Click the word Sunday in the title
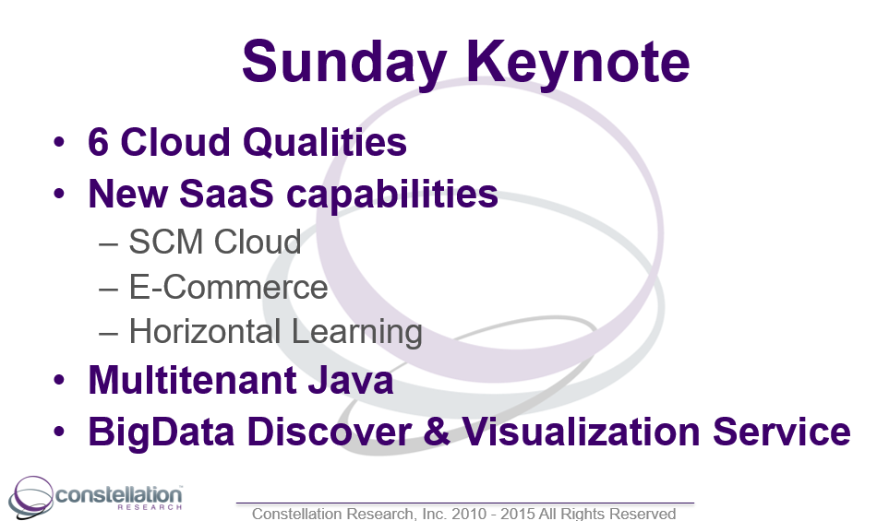point(344,63)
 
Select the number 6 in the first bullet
point(98,142)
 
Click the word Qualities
point(325,142)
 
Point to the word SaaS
point(226,194)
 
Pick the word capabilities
point(392,195)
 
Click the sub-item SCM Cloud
point(215,242)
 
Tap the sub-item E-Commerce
point(229,287)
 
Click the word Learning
point(357,332)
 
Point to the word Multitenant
point(192,379)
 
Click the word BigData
point(161,432)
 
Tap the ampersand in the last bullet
point(437,432)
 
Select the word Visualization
point(582,432)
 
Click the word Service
point(782,432)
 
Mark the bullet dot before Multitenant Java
point(59,379)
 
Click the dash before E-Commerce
point(108,289)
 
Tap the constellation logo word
point(118,494)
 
